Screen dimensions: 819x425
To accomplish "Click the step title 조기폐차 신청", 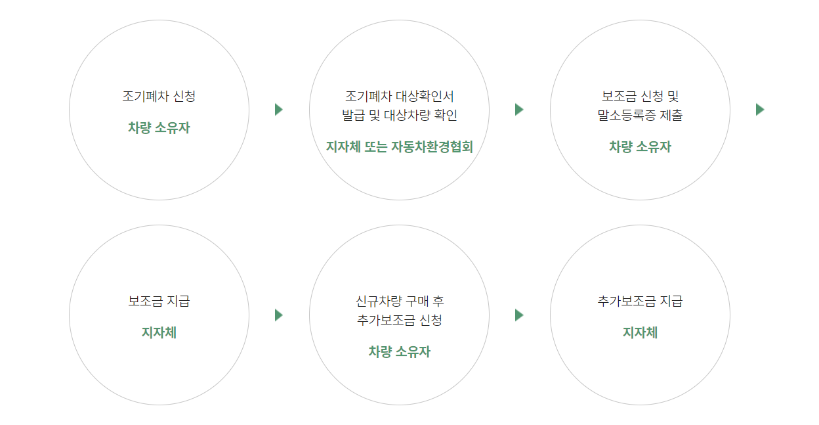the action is tap(159, 97).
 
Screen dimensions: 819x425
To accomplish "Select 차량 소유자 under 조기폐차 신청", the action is tap(159, 128).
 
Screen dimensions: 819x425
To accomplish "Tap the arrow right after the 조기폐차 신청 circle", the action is tap(279, 110).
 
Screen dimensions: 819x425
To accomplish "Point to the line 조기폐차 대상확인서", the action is tap(399, 97).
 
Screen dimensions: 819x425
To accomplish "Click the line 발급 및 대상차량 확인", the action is tap(399, 116).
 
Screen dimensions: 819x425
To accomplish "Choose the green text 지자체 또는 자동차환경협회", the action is tap(399, 147).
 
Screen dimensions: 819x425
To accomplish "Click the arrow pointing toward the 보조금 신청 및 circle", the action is tap(519, 110).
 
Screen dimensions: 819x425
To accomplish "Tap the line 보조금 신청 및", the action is tap(640, 97).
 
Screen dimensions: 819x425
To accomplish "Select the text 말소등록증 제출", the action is tap(640, 116).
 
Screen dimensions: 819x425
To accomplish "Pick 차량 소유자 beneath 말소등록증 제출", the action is tap(640, 147).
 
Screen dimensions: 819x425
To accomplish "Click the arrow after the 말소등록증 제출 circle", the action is tap(760, 110).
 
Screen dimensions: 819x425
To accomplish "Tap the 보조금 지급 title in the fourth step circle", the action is tap(159, 302).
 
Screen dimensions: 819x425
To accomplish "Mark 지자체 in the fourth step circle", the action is tap(159, 333).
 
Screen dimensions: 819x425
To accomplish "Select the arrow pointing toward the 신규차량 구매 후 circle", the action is tap(279, 315).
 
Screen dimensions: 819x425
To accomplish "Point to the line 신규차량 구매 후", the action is tap(399, 302).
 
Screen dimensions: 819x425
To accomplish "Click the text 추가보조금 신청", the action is tap(399, 321).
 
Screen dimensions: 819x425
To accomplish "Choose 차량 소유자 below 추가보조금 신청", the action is tap(399, 352).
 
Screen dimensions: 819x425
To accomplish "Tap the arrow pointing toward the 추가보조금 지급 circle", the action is tap(519, 315).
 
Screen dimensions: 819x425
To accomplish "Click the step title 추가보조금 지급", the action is tap(640, 302).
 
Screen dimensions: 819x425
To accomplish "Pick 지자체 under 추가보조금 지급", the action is tap(640, 333).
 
